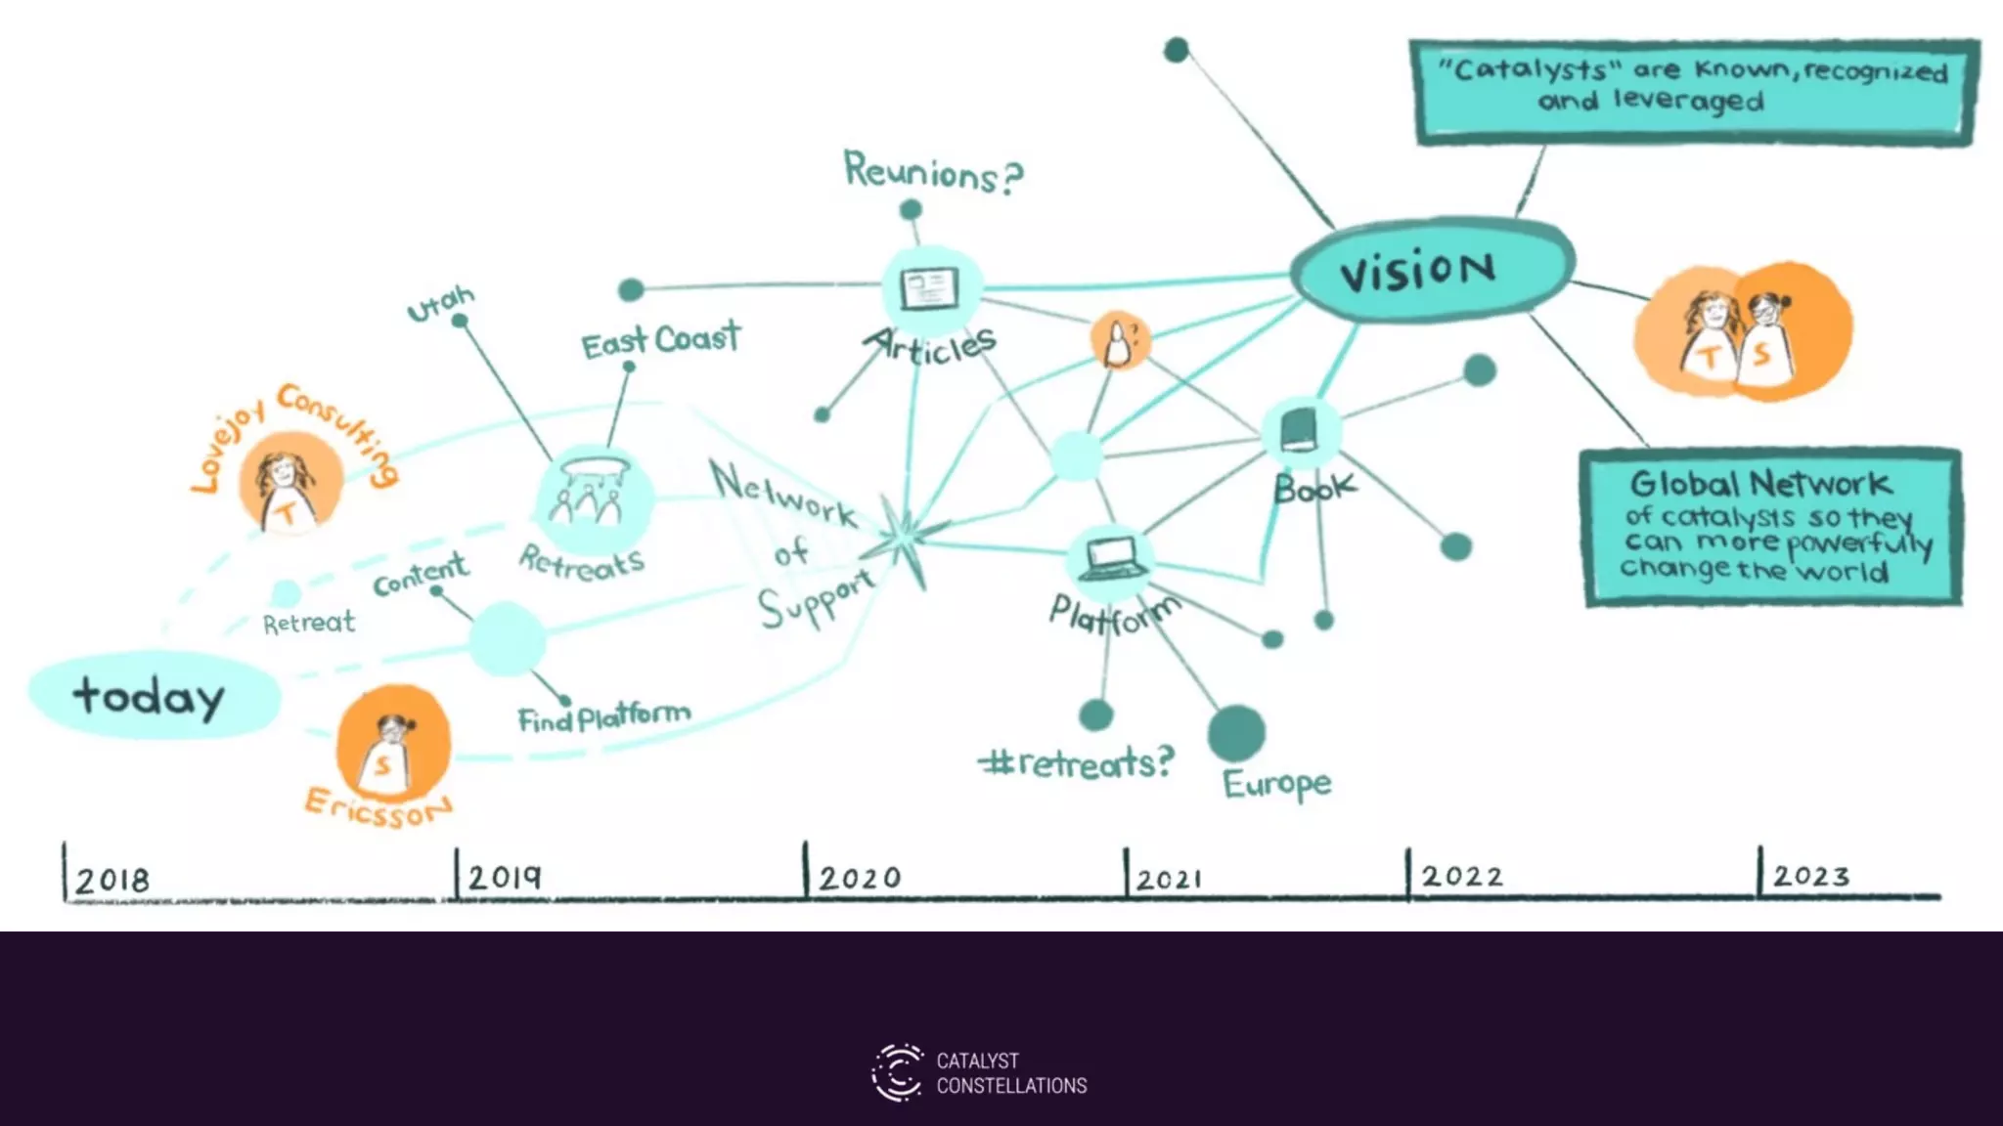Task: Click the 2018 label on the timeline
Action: click(112, 880)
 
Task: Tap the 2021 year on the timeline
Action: click(1170, 879)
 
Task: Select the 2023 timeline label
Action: click(1811, 876)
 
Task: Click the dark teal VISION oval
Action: click(1432, 269)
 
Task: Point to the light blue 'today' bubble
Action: click(153, 695)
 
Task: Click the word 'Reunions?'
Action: click(933, 172)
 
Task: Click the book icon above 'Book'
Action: click(1299, 430)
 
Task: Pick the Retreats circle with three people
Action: click(592, 498)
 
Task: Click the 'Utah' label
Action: click(440, 303)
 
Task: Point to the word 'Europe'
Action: click(1277, 783)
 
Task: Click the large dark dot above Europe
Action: click(1236, 732)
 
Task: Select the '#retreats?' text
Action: click(1076, 761)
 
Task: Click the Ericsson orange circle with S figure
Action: click(391, 745)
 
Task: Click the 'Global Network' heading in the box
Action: click(1760, 483)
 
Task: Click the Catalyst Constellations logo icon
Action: click(897, 1072)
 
